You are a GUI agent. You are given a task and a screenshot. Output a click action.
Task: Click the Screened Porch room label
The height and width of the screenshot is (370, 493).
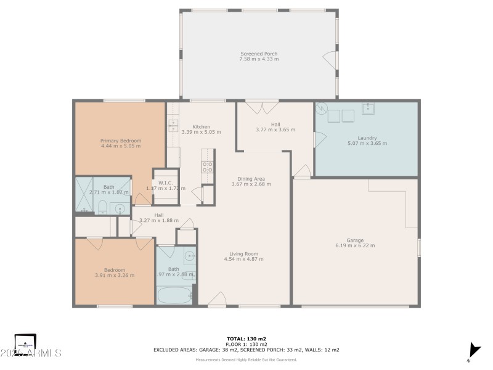(x=259, y=54)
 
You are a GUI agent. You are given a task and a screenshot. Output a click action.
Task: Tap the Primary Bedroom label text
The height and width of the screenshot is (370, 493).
(x=121, y=141)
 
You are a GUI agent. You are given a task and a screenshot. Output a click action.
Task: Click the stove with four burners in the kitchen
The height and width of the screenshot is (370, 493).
(x=208, y=166)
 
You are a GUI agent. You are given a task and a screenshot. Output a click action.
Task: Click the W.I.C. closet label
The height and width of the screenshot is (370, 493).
(x=165, y=183)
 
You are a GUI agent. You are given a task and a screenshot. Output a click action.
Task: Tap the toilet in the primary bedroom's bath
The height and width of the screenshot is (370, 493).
(x=104, y=207)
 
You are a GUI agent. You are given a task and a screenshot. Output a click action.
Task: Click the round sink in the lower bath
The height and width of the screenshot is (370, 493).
(x=190, y=255)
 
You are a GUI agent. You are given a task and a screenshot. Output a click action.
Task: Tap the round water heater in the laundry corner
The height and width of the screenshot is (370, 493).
(x=321, y=108)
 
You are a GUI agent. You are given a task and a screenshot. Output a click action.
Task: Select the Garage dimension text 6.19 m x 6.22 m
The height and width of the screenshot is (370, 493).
(x=355, y=245)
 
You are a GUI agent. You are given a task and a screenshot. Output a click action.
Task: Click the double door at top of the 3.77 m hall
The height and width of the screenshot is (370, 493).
(x=263, y=107)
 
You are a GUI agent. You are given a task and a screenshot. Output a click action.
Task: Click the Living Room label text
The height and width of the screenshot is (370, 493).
(x=243, y=253)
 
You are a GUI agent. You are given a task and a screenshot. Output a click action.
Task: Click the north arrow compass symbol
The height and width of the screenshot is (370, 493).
(x=473, y=350)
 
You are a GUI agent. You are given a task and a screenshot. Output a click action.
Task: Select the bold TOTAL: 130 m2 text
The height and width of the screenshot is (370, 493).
(x=246, y=339)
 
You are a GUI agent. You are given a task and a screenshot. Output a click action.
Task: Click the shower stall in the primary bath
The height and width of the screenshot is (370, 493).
(x=85, y=195)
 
